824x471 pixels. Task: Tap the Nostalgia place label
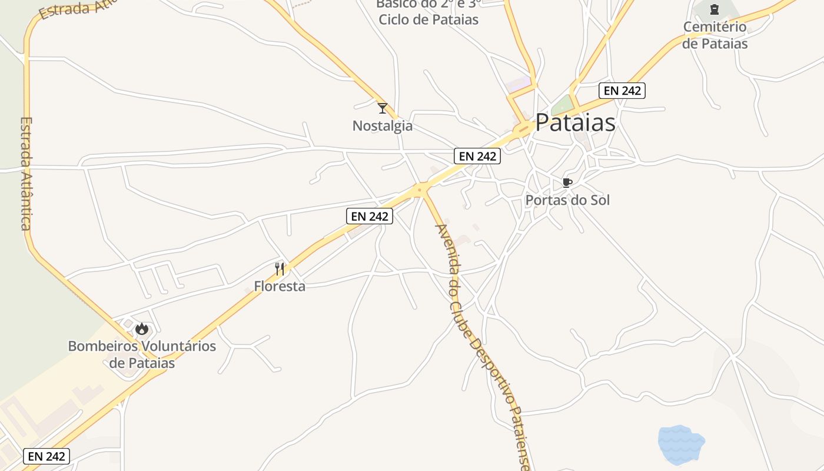383,126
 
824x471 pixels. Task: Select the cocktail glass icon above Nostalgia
383,108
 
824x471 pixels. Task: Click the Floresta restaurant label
280,287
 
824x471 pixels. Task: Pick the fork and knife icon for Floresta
280,269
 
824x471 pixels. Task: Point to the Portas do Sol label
567,200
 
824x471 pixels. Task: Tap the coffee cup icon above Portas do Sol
567,183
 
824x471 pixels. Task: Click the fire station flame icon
141,329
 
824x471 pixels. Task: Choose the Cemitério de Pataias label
715,35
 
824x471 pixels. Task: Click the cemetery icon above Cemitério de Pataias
715,9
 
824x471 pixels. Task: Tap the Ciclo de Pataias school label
428,19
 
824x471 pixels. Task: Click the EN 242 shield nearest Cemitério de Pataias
623,91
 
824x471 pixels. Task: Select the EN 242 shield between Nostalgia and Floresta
369,216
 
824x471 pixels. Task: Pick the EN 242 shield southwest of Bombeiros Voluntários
46,456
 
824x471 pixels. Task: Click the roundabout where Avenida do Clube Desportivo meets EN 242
420,189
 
